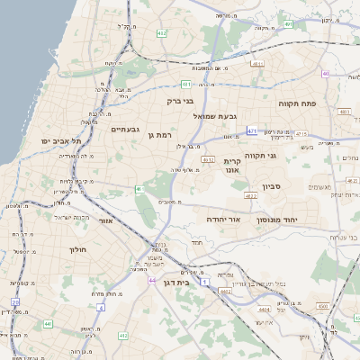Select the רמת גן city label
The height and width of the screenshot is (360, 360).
[x=158, y=135]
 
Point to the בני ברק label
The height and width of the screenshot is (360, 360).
[x=181, y=101]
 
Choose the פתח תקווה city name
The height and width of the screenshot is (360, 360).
[x=296, y=103]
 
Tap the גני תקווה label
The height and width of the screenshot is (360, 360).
[x=284, y=156]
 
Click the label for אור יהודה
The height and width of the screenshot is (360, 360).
[x=225, y=219]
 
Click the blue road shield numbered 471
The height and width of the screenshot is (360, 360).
[x=252, y=130]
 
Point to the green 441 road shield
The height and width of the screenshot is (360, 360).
[x=47, y=323]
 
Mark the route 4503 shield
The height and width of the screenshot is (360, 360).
[x=322, y=306]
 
